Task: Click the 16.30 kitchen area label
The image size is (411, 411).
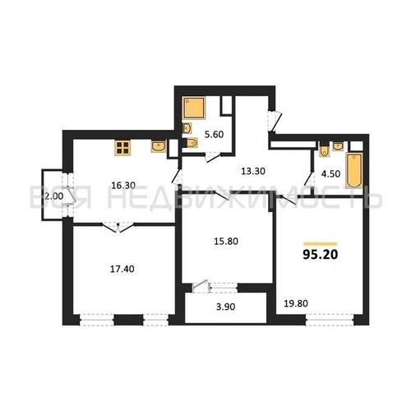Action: point(123,186)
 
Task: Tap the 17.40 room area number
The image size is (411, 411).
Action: point(122,269)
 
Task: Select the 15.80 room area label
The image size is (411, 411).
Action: point(226,242)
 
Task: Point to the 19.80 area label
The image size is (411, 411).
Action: point(296,303)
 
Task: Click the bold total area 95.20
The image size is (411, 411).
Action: point(321,255)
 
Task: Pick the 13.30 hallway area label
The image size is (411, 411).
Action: point(253,171)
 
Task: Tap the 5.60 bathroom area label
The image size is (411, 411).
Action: point(215,135)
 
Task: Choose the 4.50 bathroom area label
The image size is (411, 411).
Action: point(330,173)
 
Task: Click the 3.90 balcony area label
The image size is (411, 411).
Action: point(225,307)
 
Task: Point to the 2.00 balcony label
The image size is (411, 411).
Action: point(53,196)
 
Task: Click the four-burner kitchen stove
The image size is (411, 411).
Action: point(122,148)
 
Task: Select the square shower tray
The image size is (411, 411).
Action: point(194,108)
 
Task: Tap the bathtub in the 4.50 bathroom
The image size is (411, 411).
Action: point(354,170)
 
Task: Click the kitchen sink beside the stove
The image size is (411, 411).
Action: point(159,146)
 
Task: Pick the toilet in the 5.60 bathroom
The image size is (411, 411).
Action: point(192,143)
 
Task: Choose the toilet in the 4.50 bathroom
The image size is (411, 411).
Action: point(324,150)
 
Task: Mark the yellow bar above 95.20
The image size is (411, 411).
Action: point(321,243)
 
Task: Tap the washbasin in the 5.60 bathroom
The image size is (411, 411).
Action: point(187,128)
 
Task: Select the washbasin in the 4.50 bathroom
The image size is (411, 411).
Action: point(338,146)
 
